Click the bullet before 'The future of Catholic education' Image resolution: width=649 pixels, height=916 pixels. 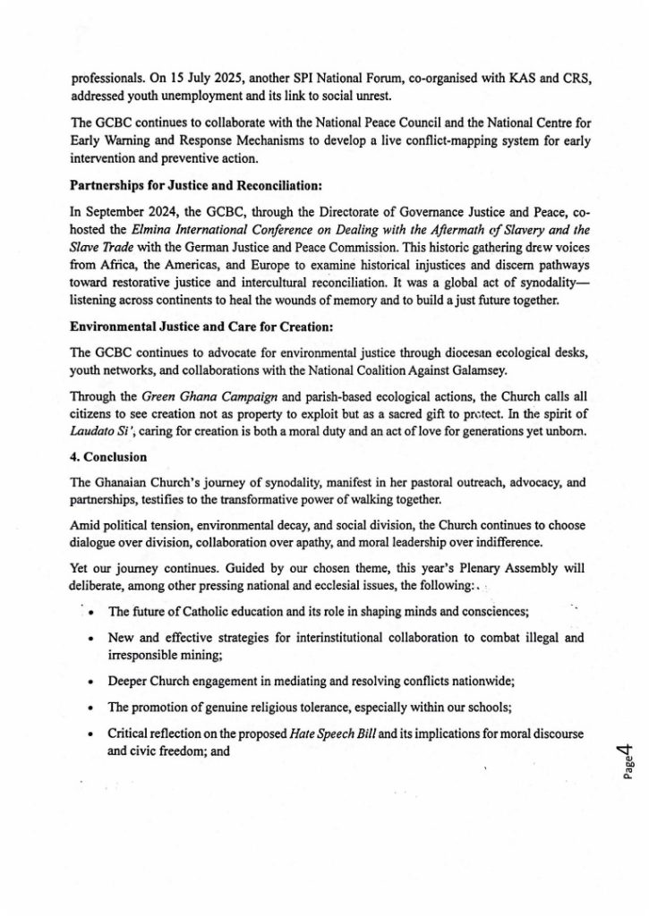point(93,612)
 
